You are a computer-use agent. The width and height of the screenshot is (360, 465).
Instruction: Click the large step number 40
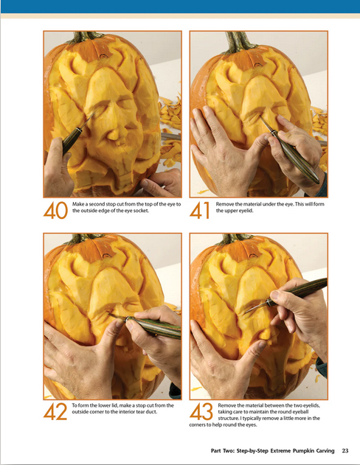(x=55, y=211)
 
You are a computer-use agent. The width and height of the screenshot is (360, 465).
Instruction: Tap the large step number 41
(x=199, y=211)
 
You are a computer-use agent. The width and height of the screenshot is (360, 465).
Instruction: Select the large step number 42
(x=55, y=412)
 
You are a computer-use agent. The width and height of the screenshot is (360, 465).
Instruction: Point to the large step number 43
(x=201, y=412)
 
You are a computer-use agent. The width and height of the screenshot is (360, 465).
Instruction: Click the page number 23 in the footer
(x=345, y=451)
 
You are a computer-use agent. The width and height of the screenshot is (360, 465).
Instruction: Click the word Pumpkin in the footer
(x=303, y=451)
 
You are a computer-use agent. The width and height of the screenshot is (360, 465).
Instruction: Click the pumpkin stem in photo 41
(x=240, y=42)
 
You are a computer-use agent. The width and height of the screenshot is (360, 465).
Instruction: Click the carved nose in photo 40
(x=114, y=133)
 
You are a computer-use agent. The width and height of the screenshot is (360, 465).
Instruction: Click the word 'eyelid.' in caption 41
(x=246, y=211)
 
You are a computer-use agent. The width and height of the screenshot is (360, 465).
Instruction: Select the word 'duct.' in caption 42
(x=151, y=412)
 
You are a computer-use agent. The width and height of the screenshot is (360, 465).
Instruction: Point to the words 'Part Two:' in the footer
(x=223, y=451)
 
